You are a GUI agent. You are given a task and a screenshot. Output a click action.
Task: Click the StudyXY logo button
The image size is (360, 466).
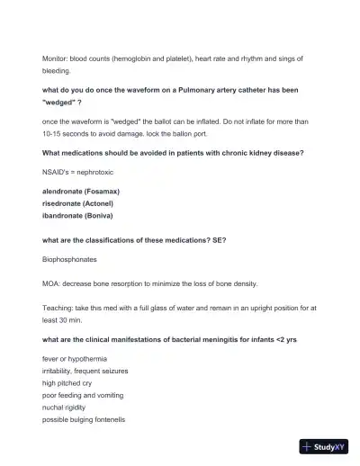click(x=324, y=446)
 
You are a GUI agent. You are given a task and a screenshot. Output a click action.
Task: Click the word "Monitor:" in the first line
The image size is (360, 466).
click(x=58, y=58)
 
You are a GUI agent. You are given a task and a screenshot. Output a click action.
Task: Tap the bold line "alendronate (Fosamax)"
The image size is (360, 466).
click(x=81, y=192)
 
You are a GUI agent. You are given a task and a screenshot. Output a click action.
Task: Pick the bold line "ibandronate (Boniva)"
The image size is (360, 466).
click(x=79, y=216)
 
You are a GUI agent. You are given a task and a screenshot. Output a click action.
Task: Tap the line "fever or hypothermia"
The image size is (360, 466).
click(x=76, y=359)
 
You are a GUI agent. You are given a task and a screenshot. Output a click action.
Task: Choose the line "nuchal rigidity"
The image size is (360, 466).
click(x=66, y=408)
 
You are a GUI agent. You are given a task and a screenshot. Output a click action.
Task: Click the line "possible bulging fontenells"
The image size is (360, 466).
click(x=83, y=420)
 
